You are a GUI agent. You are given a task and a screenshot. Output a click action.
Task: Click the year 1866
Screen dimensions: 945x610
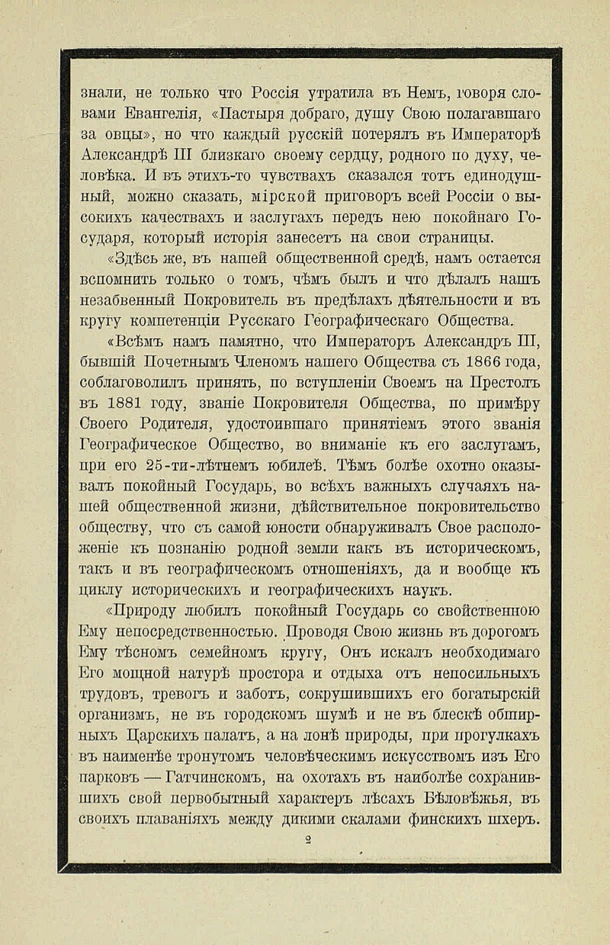(471, 362)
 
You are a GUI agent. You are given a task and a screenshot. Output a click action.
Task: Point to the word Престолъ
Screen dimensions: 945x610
(503, 382)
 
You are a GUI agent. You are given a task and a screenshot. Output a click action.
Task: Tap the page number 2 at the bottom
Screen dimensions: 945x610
(308, 840)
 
